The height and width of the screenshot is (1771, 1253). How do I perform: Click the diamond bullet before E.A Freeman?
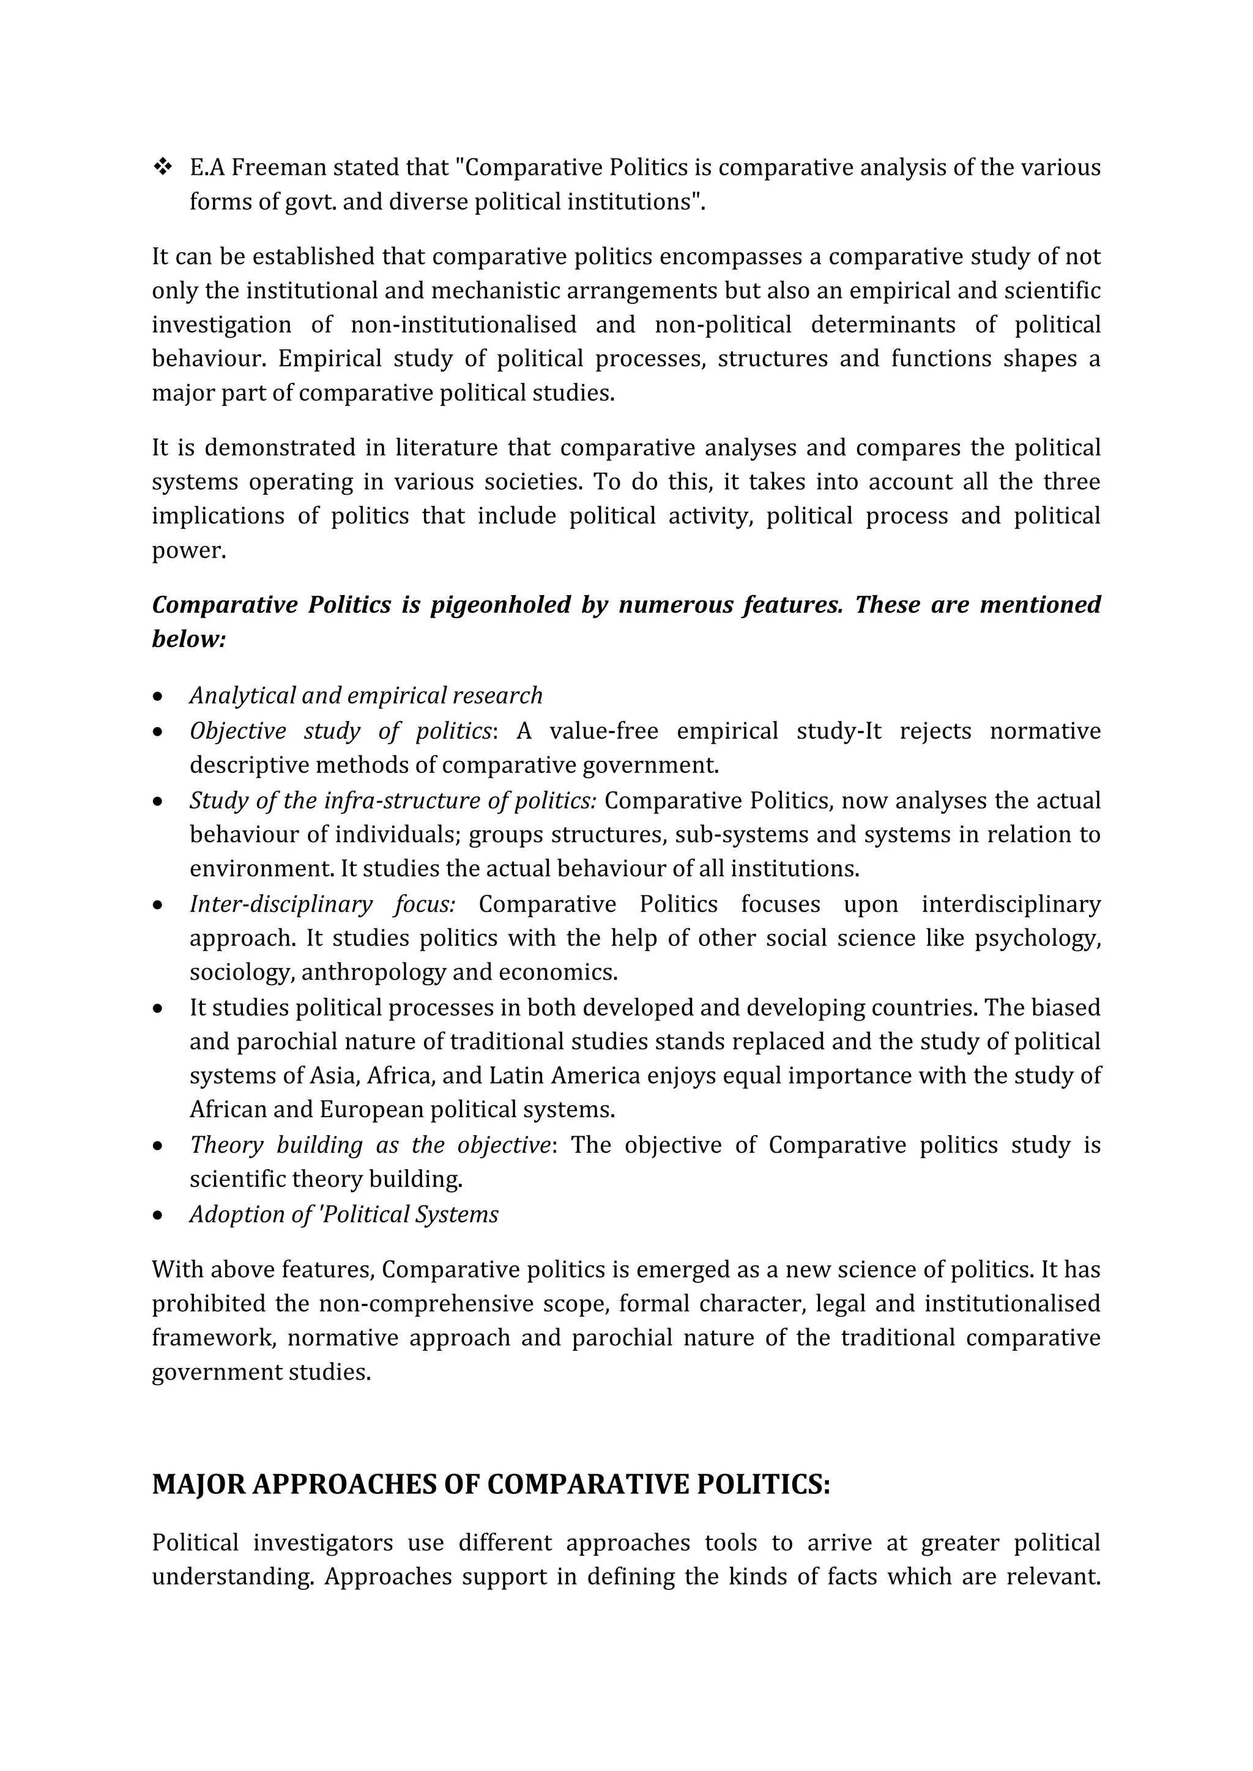click(x=163, y=168)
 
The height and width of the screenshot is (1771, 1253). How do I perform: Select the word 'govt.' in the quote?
click(x=311, y=202)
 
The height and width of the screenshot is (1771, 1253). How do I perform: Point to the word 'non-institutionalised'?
click(x=463, y=325)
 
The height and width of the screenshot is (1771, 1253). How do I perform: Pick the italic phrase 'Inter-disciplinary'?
click(x=281, y=904)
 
